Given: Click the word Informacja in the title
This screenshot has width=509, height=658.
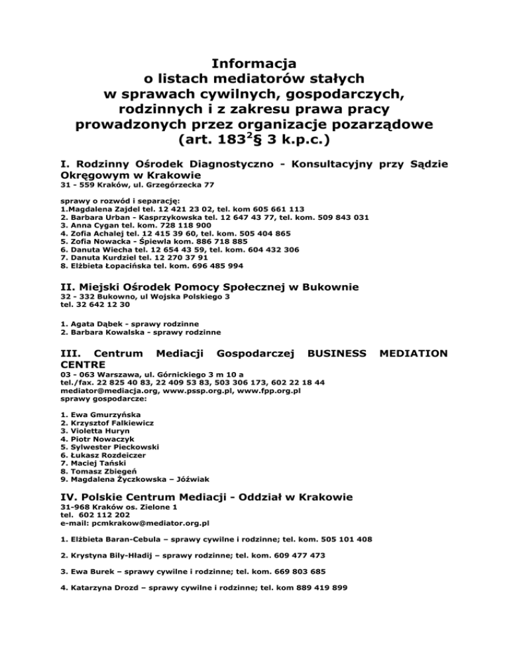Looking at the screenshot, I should (254, 64).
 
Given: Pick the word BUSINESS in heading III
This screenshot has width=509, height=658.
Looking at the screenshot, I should (337, 354).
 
